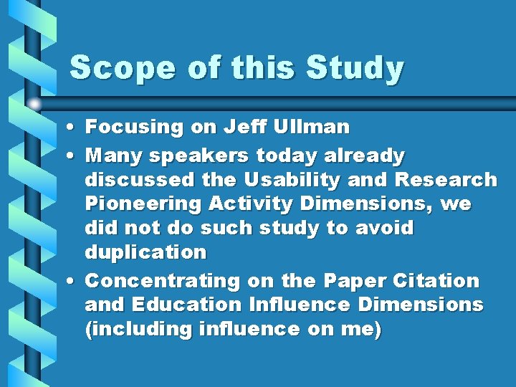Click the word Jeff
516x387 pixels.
pyautogui.click(x=245, y=128)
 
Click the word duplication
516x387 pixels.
pyautogui.click(x=145, y=252)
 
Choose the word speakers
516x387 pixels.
pyautogui.click(x=190, y=156)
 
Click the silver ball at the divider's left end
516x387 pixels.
pyautogui.click(x=33, y=102)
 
